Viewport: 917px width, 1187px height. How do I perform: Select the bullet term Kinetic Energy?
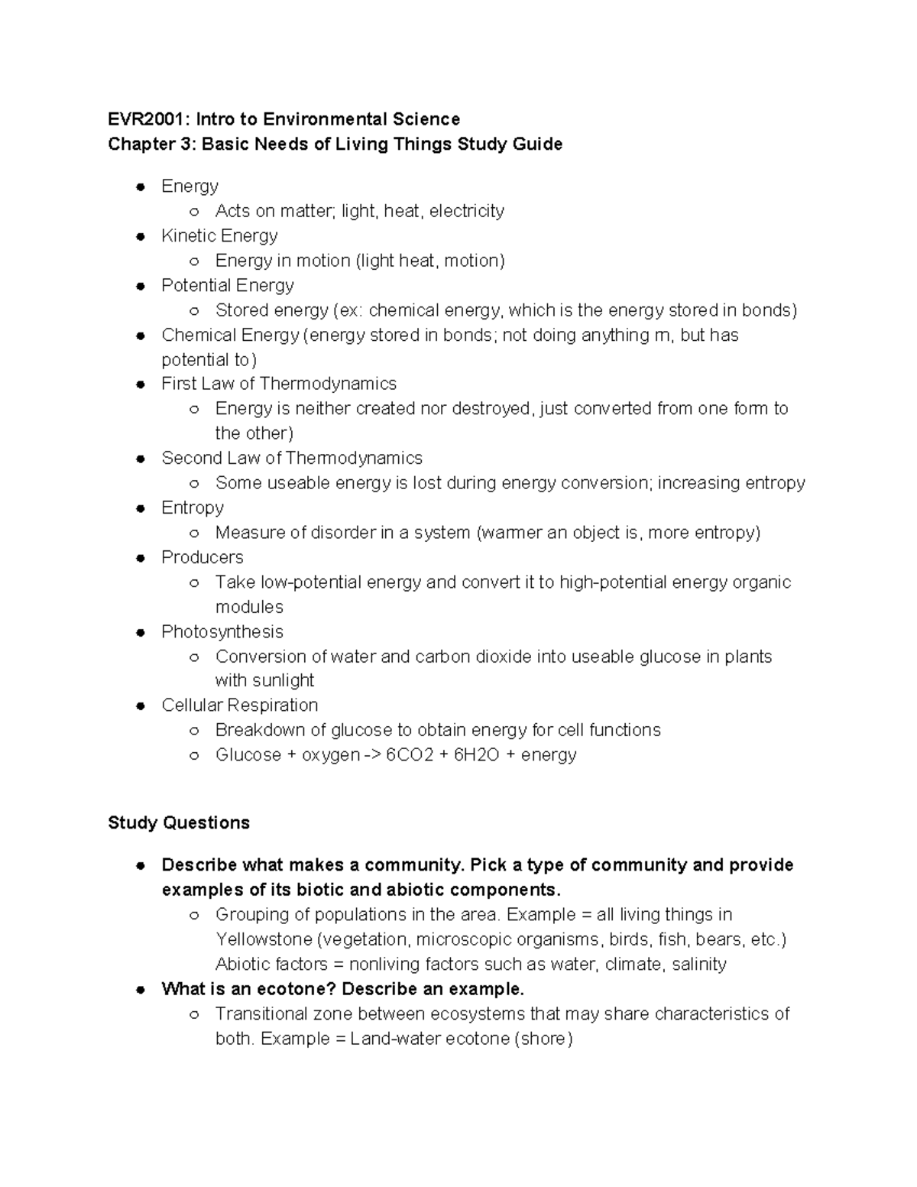[x=219, y=235]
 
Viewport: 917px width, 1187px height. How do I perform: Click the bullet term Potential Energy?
[x=227, y=285]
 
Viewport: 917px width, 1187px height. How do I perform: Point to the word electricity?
[x=466, y=211]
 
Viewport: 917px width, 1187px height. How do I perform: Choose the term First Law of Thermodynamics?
[x=279, y=384]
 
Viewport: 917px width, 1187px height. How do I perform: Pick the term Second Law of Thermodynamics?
[x=291, y=458]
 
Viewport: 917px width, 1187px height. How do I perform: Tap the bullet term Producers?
[x=202, y=557]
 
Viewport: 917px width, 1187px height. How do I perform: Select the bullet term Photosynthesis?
[x=222, y=631]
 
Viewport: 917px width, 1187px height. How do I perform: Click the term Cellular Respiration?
[x=239, y=705]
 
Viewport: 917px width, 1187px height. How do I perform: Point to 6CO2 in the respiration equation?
[x=410, y=755]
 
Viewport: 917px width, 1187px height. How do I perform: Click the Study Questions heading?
[x=179, y=822]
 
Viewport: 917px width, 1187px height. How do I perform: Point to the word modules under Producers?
[x=249, y=607]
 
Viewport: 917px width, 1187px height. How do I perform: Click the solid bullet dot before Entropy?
[x=141, y=508]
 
